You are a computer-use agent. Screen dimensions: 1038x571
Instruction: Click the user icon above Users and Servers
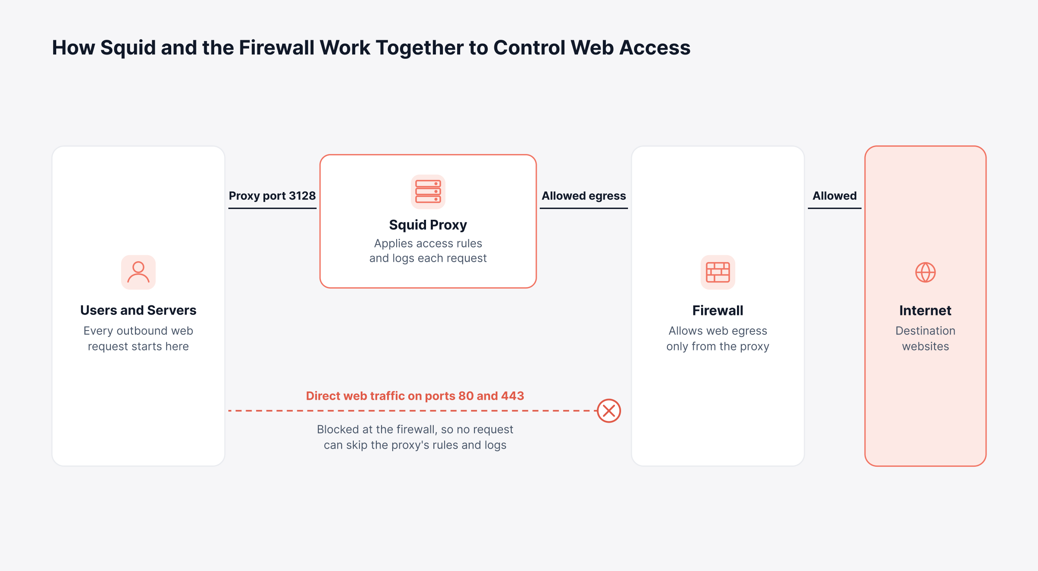click(138, 272)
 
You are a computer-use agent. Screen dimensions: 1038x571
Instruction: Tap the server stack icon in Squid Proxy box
click(428, 192)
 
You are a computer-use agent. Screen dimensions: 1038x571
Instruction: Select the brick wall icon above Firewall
click(718, 272)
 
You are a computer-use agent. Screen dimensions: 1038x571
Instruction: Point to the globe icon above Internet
click(926, 272)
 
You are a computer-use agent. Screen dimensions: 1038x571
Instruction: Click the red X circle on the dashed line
click(609, 411)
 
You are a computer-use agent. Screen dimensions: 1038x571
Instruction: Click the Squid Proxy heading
click(428, 225)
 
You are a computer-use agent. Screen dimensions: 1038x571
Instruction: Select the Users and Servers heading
click(138, 310)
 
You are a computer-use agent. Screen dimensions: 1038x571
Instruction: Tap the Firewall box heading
click(718, 310)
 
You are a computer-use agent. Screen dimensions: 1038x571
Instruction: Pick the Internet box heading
click(926, 310)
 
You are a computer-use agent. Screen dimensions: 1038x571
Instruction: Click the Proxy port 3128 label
click(272, 196)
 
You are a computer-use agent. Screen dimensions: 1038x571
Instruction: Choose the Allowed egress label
click(584, 196)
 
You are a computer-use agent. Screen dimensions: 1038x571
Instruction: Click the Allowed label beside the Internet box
click(835, 196)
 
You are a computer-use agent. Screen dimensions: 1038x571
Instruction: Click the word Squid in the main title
click(128, 48)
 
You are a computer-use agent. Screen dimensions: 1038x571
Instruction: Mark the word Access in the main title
click(655, 48)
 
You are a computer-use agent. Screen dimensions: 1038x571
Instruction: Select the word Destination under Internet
click(926, 331)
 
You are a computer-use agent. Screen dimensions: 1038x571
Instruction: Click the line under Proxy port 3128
click(272, 208)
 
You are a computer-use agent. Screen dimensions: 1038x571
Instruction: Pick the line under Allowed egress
click(584, 208)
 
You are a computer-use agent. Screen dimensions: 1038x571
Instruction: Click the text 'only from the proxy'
click(718, 346)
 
